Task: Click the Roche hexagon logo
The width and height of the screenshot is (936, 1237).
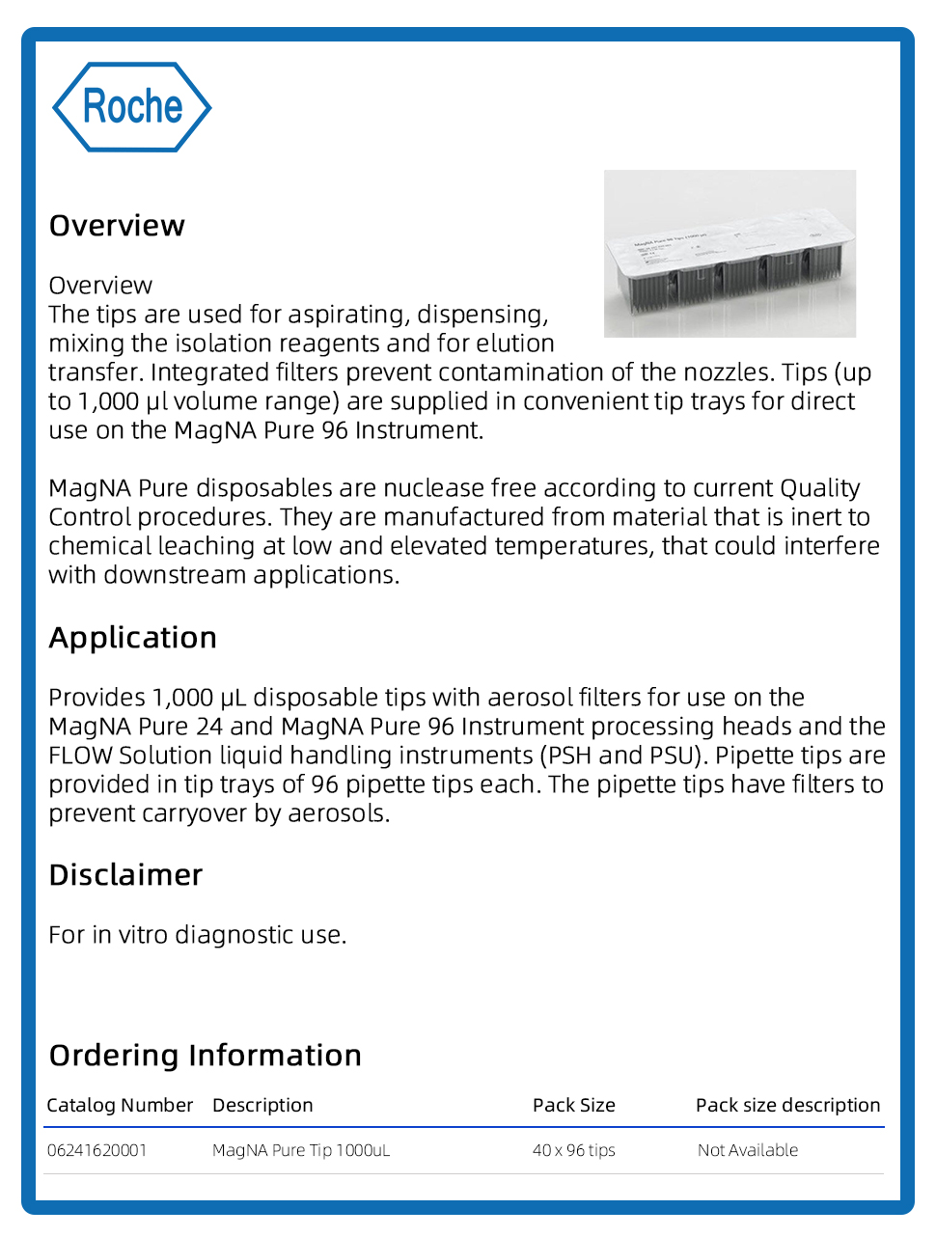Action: (x=131, y=107)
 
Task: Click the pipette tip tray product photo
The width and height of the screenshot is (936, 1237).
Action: (x=730, y=254)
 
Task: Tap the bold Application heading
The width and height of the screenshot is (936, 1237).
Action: (x=133, y=638)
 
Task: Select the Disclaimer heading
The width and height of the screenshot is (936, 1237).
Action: (x=125, y=875)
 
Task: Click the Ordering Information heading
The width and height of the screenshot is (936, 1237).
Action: (x=206, y=1056)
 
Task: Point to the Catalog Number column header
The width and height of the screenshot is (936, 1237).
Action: (x=120, y=1106)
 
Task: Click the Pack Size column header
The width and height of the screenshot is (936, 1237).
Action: (x=573, y=1106)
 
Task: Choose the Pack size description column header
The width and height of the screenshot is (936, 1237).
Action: (x=787, y=1106)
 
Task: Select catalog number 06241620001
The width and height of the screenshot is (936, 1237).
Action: (x=96, y=1150)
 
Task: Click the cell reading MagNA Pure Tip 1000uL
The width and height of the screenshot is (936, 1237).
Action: (x=301, y=1150)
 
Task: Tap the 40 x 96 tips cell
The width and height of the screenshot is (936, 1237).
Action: (x=573, y=1150)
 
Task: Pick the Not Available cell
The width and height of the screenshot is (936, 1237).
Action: (x=748, y=1150)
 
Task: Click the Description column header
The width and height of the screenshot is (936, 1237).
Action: (x=262, y=1106)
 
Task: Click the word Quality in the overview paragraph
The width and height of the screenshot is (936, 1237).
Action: (x=819, y=488)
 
